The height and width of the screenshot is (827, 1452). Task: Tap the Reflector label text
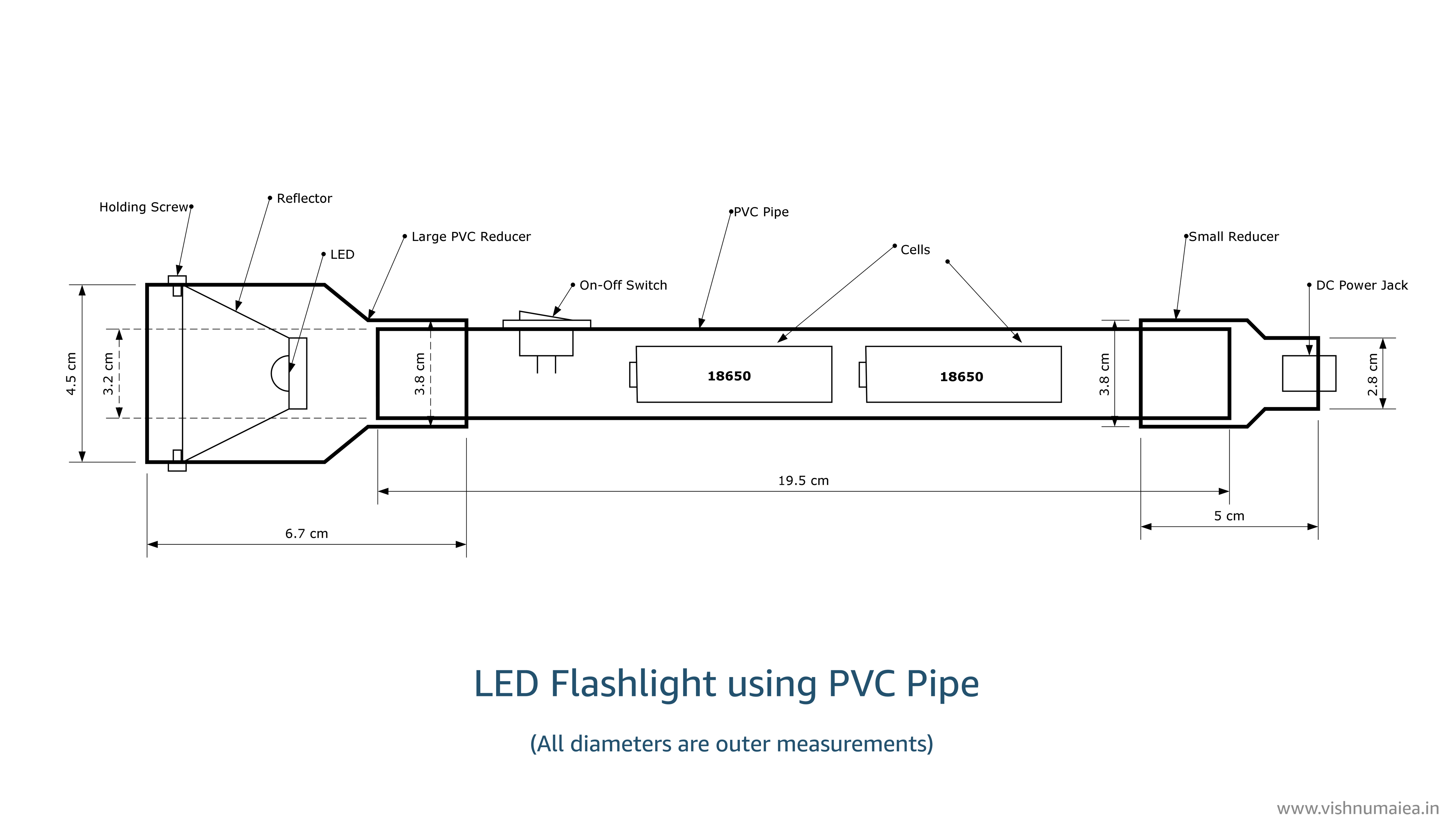coord(304,199)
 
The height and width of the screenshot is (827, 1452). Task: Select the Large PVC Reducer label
coord(471,237)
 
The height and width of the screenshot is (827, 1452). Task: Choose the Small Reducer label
coord(1233,237)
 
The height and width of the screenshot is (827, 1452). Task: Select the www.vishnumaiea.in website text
coord(1358,808)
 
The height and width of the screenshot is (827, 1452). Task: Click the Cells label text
coord(915,250)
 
